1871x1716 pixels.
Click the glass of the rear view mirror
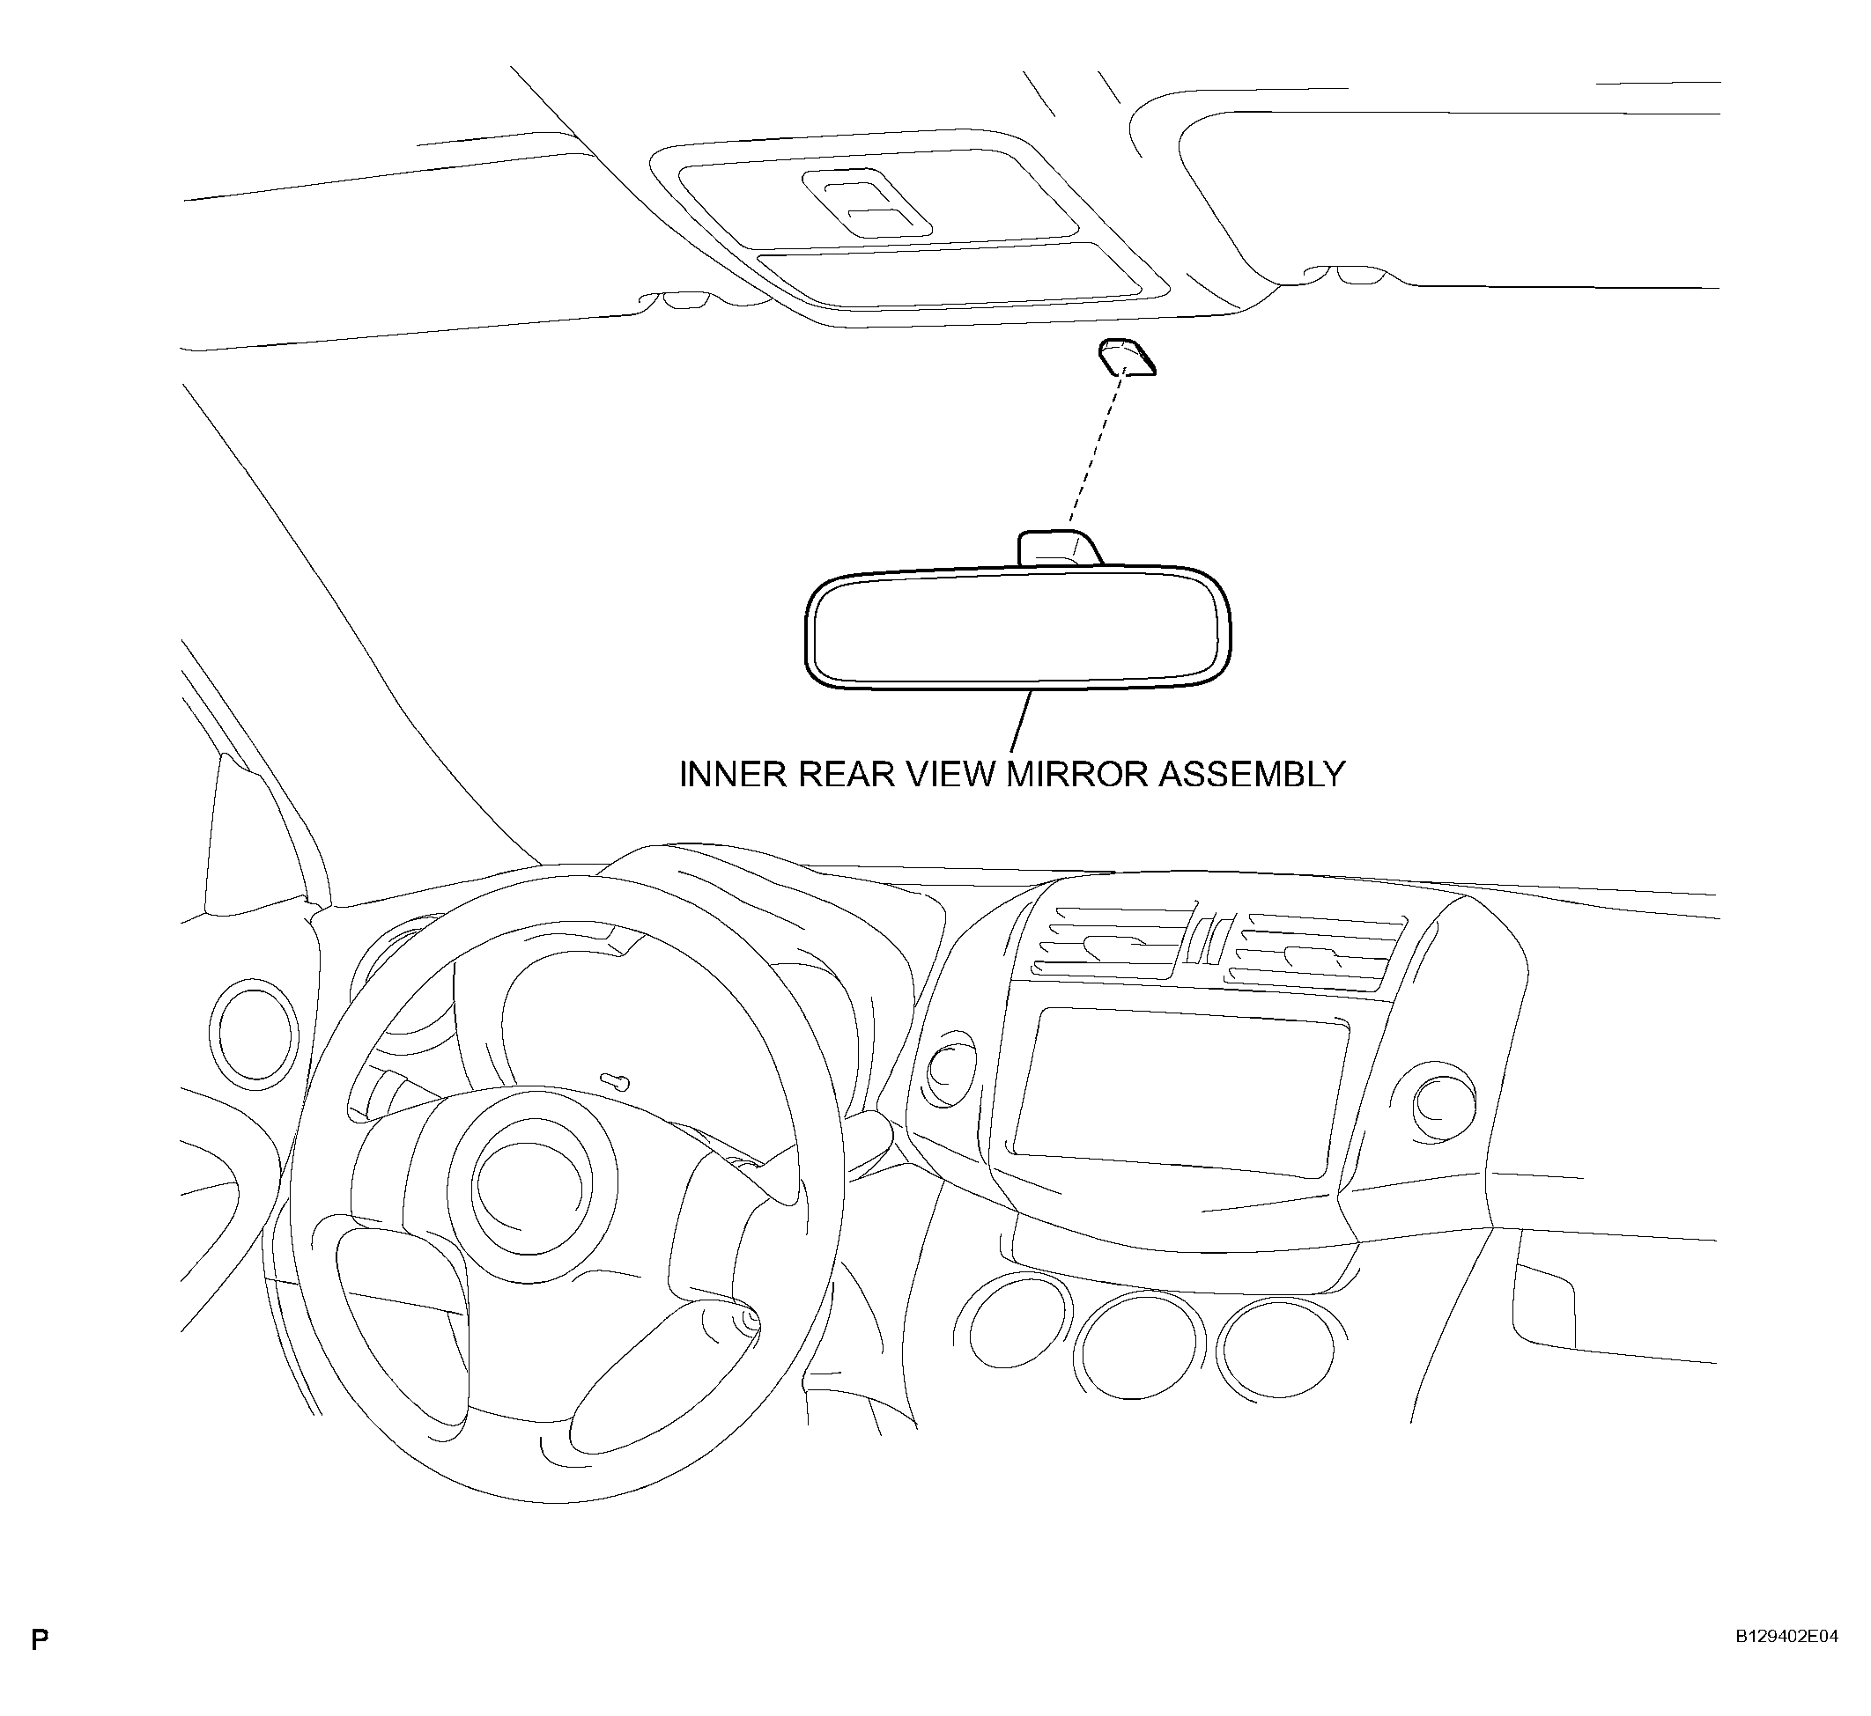[1018, 628]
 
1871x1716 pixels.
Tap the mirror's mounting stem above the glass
[1059, 548]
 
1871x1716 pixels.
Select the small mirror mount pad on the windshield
[1127, 357]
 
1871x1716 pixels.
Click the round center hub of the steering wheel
[531, 1188]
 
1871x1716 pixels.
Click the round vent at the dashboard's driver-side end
[255, 1033]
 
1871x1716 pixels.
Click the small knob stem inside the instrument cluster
[614, 1081]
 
